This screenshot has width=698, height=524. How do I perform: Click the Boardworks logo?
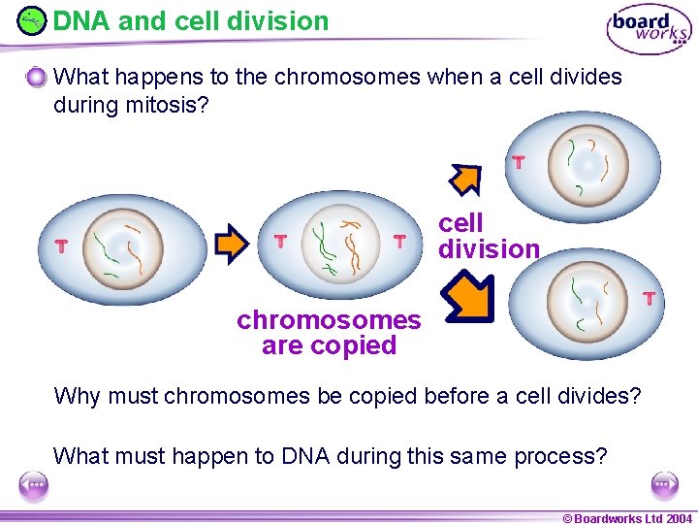(649, 28)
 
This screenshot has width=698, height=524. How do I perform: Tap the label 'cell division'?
(488, 236)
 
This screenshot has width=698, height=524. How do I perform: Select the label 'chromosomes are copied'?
(329, 333)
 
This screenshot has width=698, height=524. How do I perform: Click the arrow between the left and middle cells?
(232, 244)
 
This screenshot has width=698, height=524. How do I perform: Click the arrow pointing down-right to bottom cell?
(468, 298)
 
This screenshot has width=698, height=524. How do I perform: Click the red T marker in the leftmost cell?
(61, 246)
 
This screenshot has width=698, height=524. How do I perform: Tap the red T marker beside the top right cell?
(519, 162)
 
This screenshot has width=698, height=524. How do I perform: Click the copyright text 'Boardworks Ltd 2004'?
(627, 518)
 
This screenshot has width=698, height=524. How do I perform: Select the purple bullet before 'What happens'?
(36, 77)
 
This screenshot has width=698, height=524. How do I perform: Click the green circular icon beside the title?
(31, 20)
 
